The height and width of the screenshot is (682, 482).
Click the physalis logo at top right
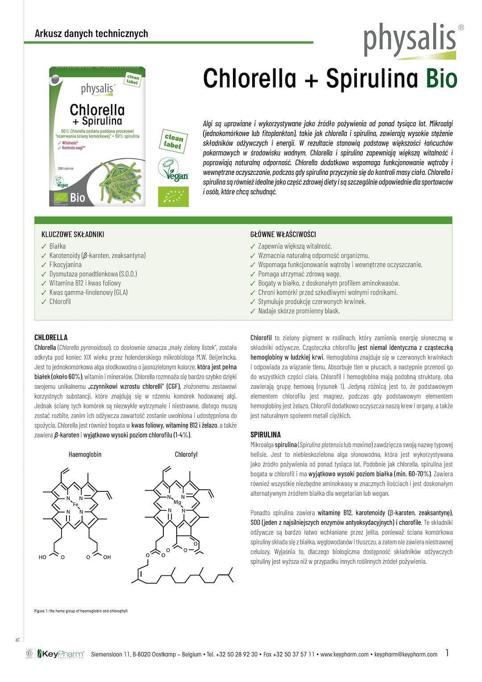[x=410, y=41]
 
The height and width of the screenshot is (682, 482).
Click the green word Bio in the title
[x=441, y=79]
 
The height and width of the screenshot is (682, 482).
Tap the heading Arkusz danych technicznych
[x=91, y=33]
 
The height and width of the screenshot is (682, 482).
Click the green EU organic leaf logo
[x=173, y=197]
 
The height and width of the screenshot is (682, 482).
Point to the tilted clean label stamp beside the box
[x=173, y=141]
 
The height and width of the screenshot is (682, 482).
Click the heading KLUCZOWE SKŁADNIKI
[x=73, y=234]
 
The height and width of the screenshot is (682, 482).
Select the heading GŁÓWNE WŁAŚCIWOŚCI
[x=283, y=234]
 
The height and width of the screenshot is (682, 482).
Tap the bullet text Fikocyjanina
[x=65, y=265]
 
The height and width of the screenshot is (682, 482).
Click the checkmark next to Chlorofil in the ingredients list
[x=44, y=302]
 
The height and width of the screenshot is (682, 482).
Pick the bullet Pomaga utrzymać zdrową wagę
[x=299, y=274]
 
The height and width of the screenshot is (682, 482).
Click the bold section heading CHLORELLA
[x=51, y=337]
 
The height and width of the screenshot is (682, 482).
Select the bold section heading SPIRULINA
[x=266, y=434]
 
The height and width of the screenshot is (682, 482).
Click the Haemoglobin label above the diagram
[x=85, y=454]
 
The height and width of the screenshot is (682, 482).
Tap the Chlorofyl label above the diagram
[x=186, y=454]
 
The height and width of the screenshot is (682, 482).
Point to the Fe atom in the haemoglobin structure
[x=75, y=504]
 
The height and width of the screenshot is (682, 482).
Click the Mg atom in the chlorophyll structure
[x=177, y=502]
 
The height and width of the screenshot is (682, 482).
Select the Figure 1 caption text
[x=81, y=611]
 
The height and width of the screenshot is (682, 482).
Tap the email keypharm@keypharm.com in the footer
[x=406, y=654]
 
